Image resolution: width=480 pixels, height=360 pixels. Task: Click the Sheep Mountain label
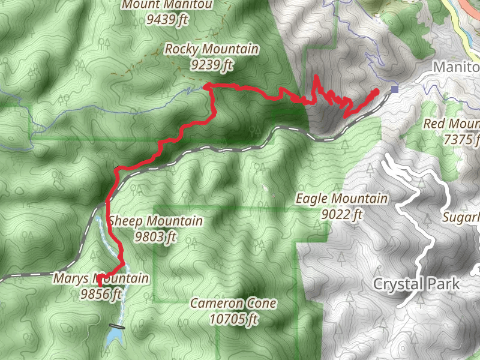156,221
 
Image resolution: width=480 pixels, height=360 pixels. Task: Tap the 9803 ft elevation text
156,236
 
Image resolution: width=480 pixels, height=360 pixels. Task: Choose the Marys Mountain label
100,278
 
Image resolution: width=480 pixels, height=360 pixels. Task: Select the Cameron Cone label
233,303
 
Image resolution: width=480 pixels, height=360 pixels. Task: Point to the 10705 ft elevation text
233,319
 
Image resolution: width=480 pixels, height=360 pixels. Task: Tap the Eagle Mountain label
341,199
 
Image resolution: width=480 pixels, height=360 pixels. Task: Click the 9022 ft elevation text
341,213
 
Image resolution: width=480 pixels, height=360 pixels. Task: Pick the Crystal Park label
416,284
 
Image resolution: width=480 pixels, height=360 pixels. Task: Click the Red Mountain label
451,124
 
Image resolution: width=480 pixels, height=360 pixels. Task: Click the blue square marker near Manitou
394,90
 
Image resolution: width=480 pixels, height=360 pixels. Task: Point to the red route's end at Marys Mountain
98,277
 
